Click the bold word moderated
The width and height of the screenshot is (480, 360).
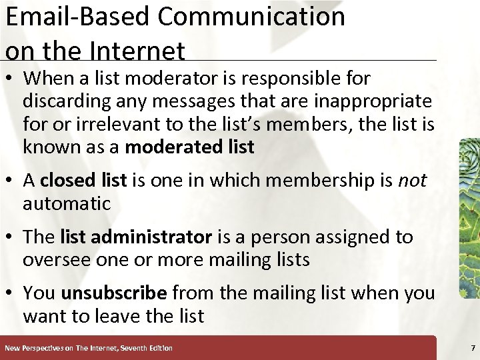174,147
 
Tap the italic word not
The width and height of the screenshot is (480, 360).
412,181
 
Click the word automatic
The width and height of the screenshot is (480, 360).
67,203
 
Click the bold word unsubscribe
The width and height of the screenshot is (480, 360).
113,293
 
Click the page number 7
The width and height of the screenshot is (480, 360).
473,348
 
